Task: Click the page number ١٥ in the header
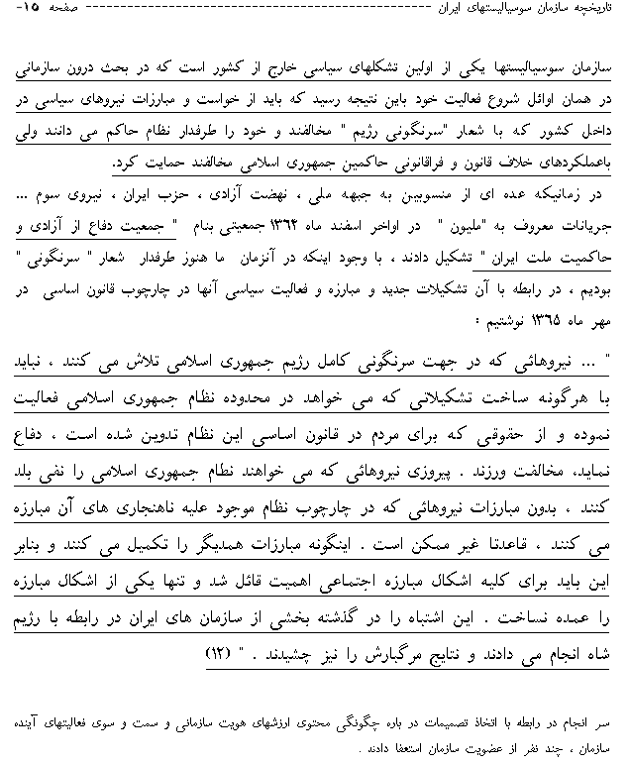[x=24, y=14]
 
